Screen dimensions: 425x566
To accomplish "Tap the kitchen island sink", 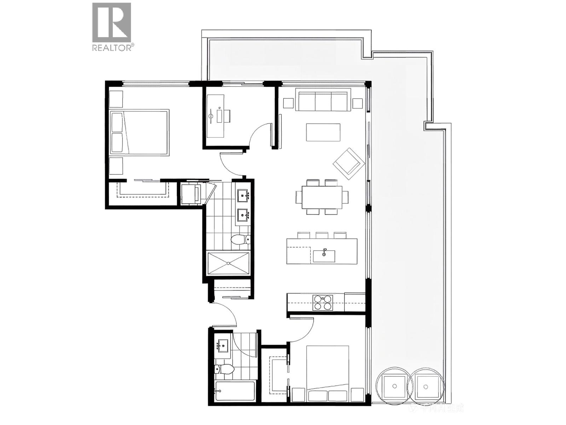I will point(324,256).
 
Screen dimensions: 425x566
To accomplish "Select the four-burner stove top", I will point(323,302).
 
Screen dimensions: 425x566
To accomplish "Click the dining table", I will point(322,197).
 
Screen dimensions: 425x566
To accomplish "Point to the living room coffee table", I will point(323,132).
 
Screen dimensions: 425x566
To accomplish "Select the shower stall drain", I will point(228,263).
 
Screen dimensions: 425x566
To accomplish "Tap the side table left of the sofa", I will point(288,103).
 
